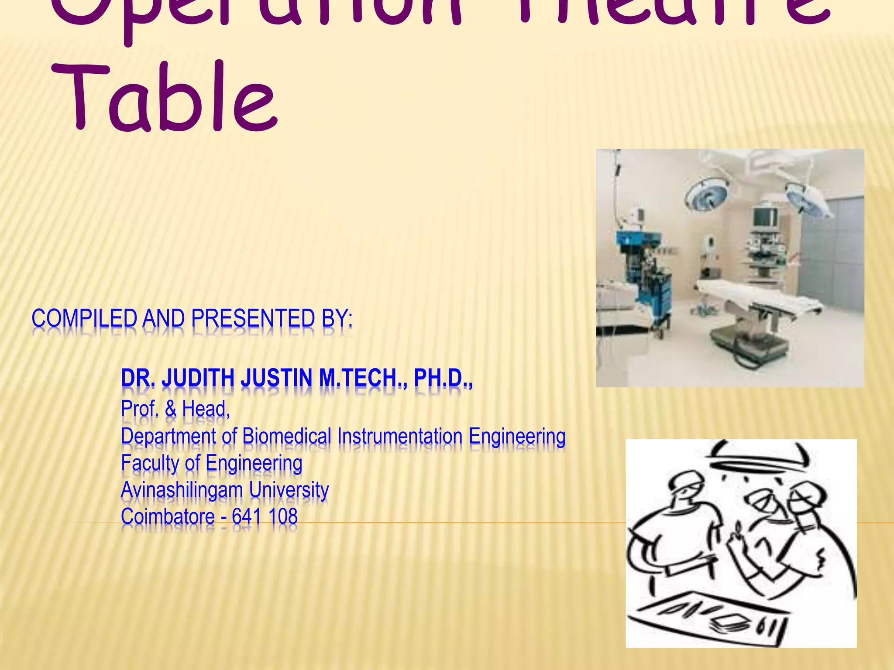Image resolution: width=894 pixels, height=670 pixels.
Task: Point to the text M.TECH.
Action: (361, 378)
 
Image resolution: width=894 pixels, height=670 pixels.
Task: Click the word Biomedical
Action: (287, 436)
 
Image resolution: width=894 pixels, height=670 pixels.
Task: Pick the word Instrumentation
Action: (400, 436)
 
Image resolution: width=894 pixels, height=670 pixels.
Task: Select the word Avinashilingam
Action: (182, 490)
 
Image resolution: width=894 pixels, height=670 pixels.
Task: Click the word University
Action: (289, 490)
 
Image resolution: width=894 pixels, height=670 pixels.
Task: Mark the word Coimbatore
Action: (168, 517)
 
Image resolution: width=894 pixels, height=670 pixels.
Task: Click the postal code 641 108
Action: (265, 517)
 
